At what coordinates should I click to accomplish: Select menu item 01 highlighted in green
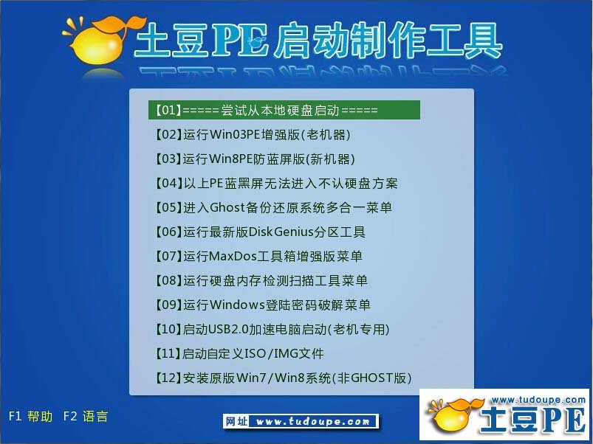[284, 110]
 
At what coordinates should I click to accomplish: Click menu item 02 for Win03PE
[253, 134]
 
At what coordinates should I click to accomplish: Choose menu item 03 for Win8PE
[255, 159]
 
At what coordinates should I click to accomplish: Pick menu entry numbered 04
[276, 183]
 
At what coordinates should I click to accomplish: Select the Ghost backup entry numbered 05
[273, 207]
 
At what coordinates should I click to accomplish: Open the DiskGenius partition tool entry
[260, 232]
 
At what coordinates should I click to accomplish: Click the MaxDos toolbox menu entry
[258, 256]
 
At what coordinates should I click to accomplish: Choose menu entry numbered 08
[261, 280]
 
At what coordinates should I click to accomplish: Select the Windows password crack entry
[262, 305]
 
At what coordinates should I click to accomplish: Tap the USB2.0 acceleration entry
[272, 329]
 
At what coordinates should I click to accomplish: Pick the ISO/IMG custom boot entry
[239, 353]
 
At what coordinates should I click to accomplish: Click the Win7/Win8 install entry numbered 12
[283, 378]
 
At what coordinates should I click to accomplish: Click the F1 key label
[14, 416]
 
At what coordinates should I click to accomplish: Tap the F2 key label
[70, 416]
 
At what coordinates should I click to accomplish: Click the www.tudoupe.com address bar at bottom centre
[301, 421]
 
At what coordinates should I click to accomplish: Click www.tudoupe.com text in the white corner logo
[538, 400]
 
